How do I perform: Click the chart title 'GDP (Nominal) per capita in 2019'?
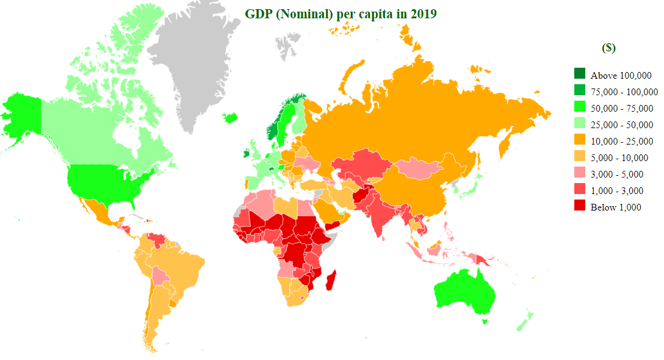pos(341,14)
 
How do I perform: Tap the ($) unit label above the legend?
pos(608,48)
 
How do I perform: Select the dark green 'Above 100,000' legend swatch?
pos(579,74)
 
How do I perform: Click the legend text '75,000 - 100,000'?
pos(624,92)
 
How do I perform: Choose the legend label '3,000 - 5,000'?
pos(616,175)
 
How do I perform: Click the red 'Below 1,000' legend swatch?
pos(579,207)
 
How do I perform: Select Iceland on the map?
pos(231,117)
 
